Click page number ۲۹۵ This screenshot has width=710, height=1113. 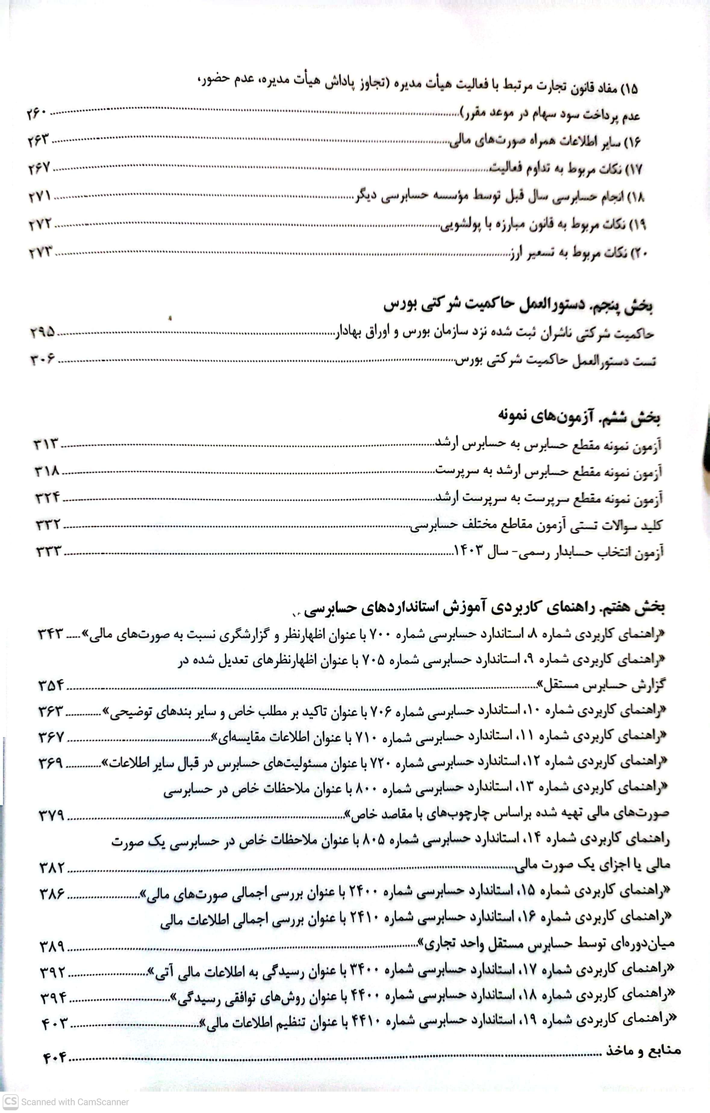(x=42, y=332)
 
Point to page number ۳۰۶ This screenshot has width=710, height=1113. (x=42, y=359)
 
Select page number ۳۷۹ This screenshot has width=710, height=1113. (x=52, y=815)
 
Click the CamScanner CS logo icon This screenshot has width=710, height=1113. (x=10, y=1102)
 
